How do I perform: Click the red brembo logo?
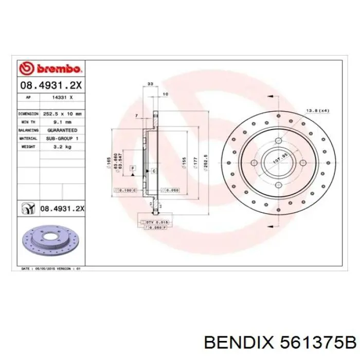click(50, 68)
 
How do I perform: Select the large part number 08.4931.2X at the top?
click(50, 85)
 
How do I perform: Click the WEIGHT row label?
click(28, 147)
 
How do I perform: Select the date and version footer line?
click(50, 268)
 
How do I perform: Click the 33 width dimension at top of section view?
click(150, 83)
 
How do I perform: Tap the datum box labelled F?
click(132, 168)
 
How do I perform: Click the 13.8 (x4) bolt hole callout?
click(317, 111)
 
